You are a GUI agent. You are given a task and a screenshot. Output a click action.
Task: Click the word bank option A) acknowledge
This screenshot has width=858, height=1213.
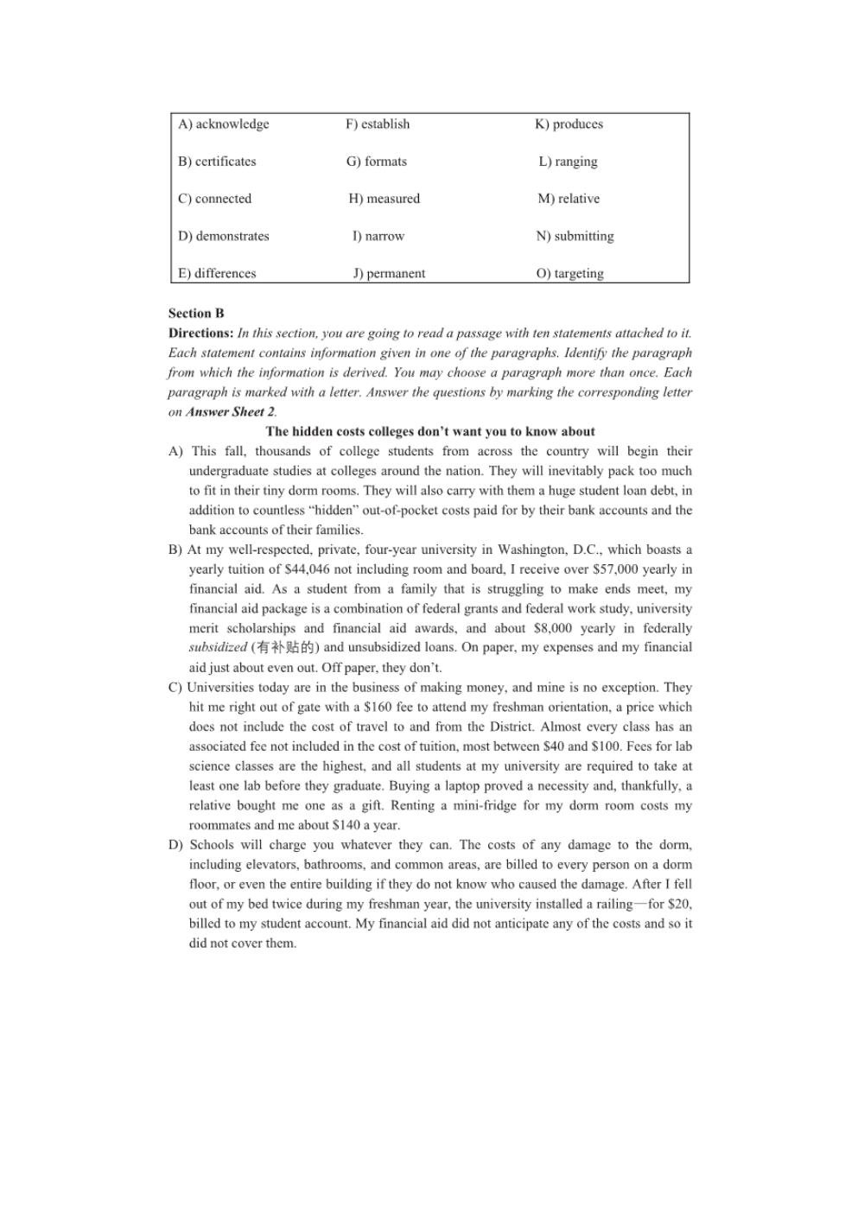point(224,124)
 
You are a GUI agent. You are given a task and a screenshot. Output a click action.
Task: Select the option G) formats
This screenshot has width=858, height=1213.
point(377,162)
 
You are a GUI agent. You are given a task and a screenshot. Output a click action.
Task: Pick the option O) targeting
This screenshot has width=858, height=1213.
point(570,274)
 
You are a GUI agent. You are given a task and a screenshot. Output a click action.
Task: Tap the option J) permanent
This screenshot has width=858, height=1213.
point(389,274)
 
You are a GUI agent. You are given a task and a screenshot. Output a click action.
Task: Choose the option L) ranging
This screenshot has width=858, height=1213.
point(568,162)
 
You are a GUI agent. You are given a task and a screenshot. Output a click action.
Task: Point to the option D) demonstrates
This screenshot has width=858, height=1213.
point(224,237)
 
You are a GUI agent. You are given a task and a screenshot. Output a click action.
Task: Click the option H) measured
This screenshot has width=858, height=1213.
point(385,199)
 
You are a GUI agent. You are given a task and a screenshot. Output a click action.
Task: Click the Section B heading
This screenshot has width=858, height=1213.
point(196,314)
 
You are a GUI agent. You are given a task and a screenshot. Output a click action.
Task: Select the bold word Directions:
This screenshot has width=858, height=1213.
point(200,333)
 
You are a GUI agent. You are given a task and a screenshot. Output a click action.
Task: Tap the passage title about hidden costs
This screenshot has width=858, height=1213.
point(430,432)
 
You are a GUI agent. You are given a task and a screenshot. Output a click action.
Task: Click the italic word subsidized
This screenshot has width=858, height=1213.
point(218,648)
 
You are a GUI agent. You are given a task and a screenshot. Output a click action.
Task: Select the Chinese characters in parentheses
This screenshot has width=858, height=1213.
point(285,648)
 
